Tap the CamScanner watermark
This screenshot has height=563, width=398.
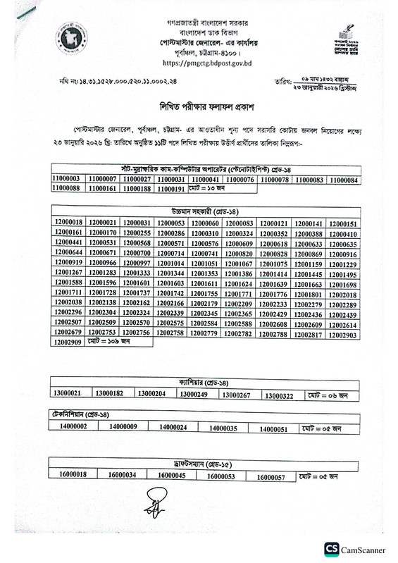coord(359,549)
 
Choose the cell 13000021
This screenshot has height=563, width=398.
coord(71,394)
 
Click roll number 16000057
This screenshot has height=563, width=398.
coord(271,476)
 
